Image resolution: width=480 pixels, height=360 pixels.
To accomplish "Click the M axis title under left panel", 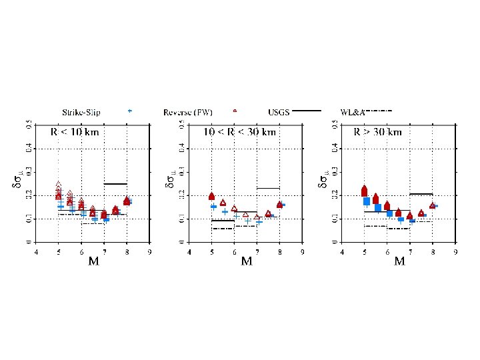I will coord(94,261).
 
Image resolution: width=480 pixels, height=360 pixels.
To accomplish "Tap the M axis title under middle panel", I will coord(247,261).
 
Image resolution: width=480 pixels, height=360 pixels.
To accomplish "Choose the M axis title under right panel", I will coord(399,261).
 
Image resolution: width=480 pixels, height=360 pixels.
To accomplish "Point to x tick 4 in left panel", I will coord(37,252).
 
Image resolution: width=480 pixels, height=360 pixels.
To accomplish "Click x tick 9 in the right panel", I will coord(455,252).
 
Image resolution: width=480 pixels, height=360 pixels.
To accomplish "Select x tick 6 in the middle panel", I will coord(235,252).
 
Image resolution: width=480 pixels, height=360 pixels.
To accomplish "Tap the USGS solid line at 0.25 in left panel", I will coord(115,183).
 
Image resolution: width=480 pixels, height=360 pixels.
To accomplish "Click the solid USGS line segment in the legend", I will coord(307,111).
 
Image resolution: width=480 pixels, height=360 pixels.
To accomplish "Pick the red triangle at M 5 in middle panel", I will coord(212,197).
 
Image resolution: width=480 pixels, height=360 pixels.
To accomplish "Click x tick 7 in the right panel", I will coord(410,252).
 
